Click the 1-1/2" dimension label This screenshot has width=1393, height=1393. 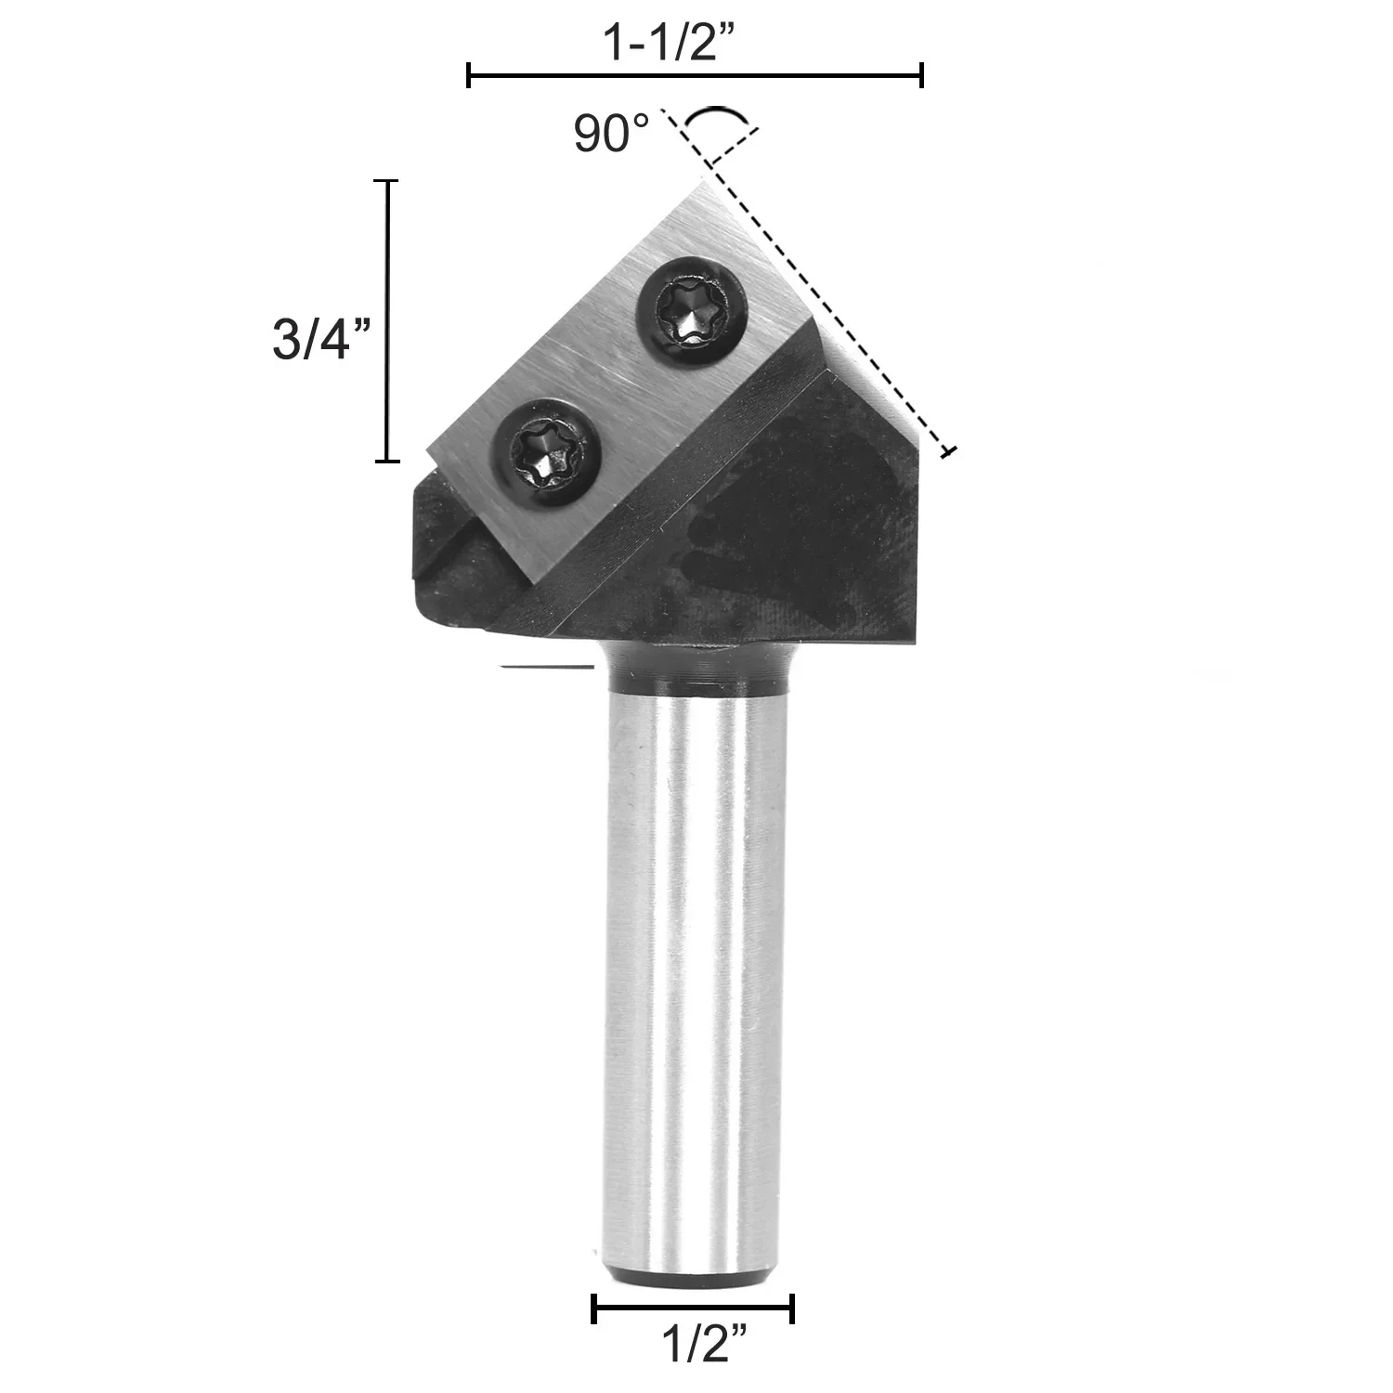670,45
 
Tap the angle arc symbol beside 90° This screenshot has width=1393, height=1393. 715,115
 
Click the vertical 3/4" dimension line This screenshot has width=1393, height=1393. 386,320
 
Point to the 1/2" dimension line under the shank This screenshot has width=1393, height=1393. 693,1309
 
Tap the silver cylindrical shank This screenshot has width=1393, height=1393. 692,975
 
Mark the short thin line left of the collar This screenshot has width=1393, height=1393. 546,666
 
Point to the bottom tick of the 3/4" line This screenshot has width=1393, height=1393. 386,461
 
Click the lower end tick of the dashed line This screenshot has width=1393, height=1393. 947,452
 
